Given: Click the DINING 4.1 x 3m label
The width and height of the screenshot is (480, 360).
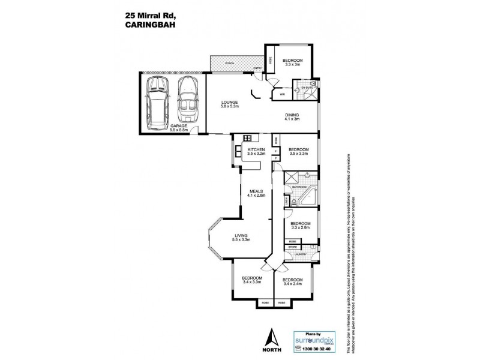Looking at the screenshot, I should click(292, 117).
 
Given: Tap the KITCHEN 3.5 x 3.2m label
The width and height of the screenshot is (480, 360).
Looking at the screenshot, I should click(256, 151).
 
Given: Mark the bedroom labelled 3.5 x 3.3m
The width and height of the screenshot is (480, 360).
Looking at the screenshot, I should click(298, 151).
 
